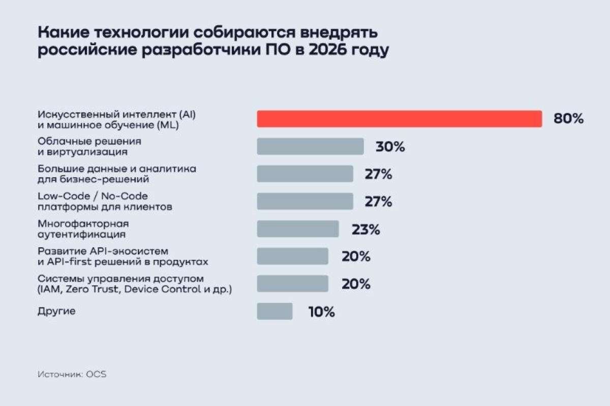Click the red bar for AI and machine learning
399,119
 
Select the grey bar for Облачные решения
310,147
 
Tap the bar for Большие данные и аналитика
305,174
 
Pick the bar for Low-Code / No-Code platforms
305,201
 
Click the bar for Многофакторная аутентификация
298,229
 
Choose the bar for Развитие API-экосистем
292,256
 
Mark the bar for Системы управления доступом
292,284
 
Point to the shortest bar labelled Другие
274,311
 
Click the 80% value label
568,119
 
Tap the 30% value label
390,147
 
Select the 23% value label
366,229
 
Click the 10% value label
321,312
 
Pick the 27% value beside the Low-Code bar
378,202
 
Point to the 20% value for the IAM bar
356,284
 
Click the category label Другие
56,311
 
